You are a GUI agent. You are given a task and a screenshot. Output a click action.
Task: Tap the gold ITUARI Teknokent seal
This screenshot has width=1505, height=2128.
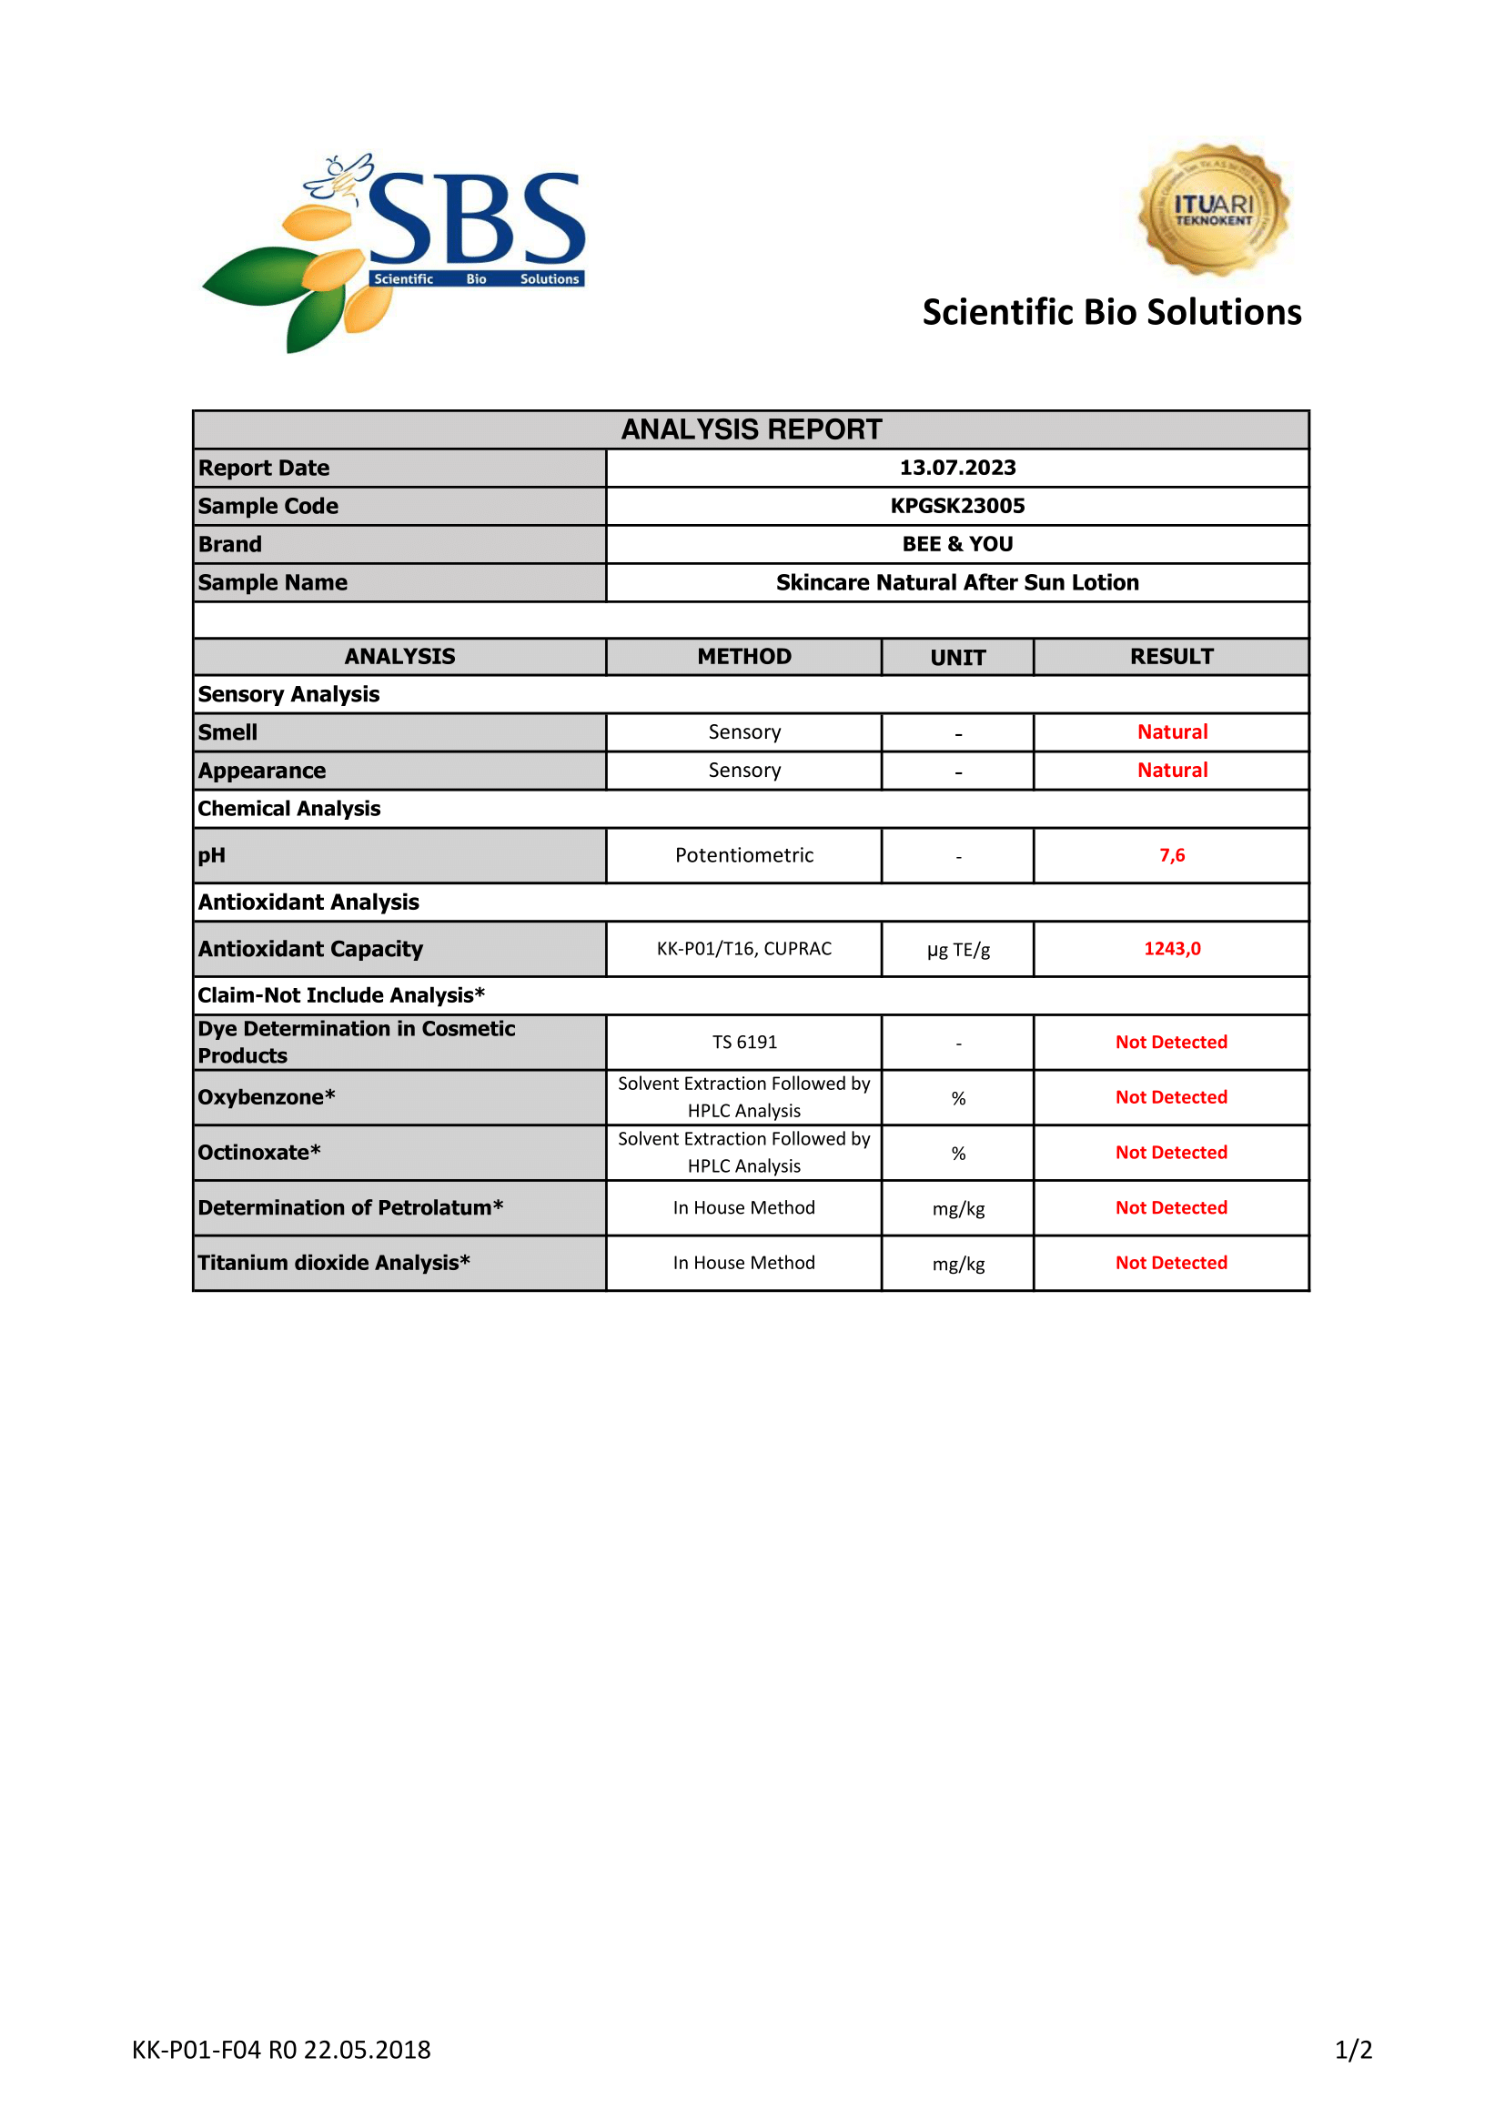coord(1213,210)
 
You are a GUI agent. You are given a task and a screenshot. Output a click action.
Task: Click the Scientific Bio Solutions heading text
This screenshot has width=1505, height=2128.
coord(1111,312)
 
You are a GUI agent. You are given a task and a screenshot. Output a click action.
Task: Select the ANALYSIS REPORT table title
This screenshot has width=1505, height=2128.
coord(752,430)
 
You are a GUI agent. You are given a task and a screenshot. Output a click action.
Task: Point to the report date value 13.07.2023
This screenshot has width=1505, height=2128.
coord(957,468)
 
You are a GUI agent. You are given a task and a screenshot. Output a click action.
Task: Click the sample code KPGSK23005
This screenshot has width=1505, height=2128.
coord(957,506)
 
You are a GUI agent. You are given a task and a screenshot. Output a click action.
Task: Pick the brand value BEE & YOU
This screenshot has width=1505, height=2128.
coord(957,544)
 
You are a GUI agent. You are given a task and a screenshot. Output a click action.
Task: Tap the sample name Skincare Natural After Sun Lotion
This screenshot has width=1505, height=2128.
coord(957,582)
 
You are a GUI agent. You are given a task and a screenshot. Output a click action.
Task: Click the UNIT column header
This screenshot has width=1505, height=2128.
coord(957,657)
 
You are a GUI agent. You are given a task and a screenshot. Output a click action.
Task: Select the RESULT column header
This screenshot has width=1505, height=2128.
coord(1171,656)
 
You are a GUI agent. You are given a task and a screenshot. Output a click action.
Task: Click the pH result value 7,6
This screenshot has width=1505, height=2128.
coord(1171,855)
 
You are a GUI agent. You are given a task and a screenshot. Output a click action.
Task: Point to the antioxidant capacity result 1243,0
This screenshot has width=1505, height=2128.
coord(1171,948)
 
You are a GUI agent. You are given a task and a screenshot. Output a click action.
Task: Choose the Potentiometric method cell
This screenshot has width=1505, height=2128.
coord(744,855)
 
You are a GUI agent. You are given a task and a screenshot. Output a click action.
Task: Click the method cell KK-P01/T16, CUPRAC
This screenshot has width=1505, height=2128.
coord(744,948)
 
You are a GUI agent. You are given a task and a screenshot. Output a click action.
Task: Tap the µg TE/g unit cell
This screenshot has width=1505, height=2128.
coord(958,950)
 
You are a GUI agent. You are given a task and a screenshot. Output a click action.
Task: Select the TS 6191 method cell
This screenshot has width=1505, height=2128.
coord(744,1042)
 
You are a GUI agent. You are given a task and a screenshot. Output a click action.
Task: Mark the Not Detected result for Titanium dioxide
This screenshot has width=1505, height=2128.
coord(1171,1263)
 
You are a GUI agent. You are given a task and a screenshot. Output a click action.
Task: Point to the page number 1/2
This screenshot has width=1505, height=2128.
coord(1353,2049)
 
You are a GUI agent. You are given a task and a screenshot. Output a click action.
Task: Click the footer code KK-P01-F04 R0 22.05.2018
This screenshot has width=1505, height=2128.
coord(281,2049)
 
